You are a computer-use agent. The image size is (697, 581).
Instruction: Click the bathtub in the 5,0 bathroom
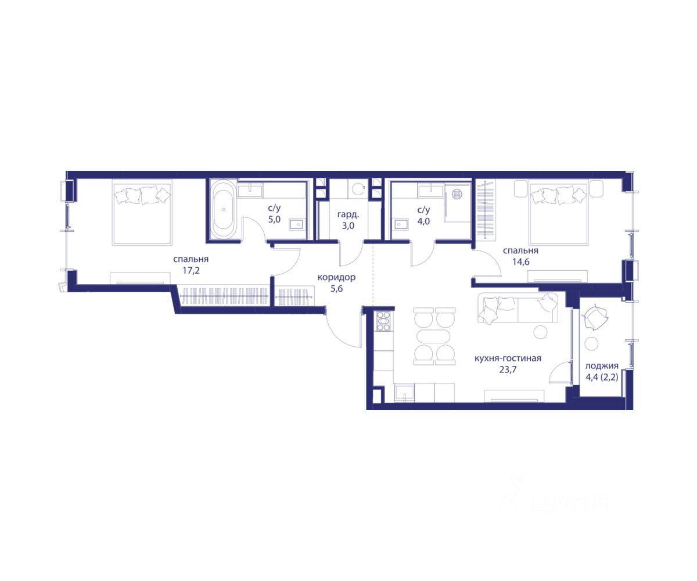click(223, 209)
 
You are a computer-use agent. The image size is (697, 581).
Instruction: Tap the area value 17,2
click(191, 271)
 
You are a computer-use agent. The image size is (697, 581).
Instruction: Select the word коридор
click(336, 277)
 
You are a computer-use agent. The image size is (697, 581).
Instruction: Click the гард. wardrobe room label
click(348, 215)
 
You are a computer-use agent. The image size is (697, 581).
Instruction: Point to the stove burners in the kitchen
click(383, 321)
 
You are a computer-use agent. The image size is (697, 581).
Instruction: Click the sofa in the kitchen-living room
click(518, 307)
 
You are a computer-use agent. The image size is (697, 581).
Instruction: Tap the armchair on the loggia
click(595, 318)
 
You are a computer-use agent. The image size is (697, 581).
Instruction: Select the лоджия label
click(602, 366)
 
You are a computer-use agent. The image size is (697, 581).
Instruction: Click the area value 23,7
click(508, 370)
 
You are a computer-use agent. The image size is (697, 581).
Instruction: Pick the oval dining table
click(434, 336)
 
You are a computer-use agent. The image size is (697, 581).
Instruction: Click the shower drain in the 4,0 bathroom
click(457, 193)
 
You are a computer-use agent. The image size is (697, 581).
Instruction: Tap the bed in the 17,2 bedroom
click(142, 213)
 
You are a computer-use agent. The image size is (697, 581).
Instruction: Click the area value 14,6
click(521, 261)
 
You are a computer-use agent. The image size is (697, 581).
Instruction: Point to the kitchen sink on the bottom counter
click(404, 393)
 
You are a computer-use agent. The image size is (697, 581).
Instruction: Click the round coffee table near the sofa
click(540, 332)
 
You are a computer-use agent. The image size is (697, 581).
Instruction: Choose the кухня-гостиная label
click(508, 358)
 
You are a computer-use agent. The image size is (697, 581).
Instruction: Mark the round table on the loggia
click(592, 343)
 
